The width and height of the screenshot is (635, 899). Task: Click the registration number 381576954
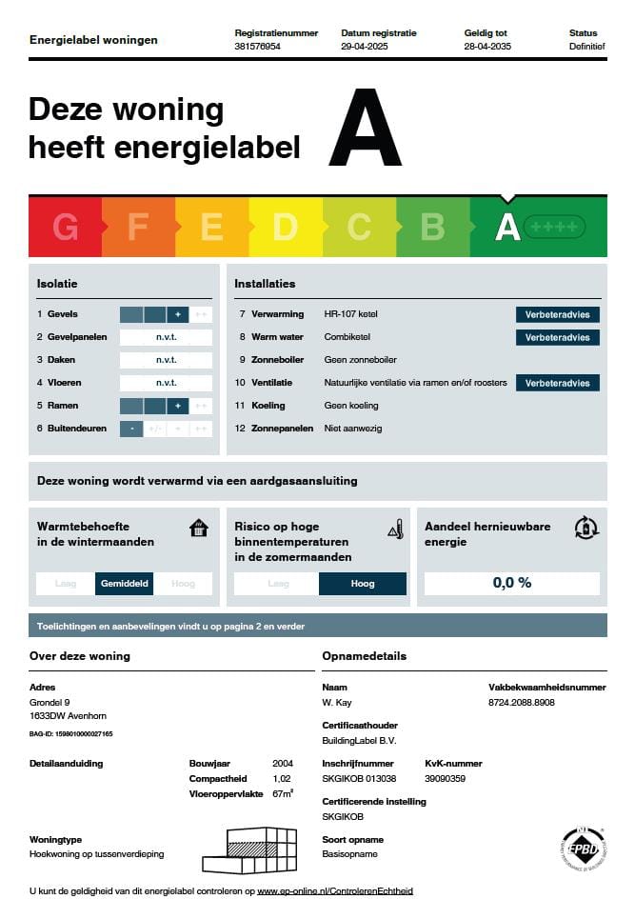point(257,46)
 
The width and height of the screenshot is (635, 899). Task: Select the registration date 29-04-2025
point(366,46)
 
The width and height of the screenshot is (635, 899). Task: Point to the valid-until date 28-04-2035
point(487,46)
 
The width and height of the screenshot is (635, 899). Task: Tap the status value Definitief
point(585,46)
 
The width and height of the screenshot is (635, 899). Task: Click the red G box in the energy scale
point(65,227)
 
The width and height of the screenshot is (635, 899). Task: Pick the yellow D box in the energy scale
point(286,227)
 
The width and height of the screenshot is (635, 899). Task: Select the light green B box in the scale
point(433,227)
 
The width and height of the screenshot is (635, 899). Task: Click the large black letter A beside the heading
point(365,128)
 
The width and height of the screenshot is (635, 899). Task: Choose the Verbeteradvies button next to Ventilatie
point(558,383)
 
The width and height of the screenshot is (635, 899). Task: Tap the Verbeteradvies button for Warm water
point(558,337)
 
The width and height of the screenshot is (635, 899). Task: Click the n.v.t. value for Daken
point(167,360)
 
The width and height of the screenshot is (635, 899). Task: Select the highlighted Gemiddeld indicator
point(125,584)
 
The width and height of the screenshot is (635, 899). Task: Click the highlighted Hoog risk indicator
point(363,584)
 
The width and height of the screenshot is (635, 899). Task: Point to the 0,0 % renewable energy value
point(512,583)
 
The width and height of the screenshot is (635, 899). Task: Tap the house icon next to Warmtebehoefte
point(198,528)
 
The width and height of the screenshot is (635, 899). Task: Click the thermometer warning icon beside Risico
point(396,529)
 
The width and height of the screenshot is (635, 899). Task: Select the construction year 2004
point(282,764)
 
